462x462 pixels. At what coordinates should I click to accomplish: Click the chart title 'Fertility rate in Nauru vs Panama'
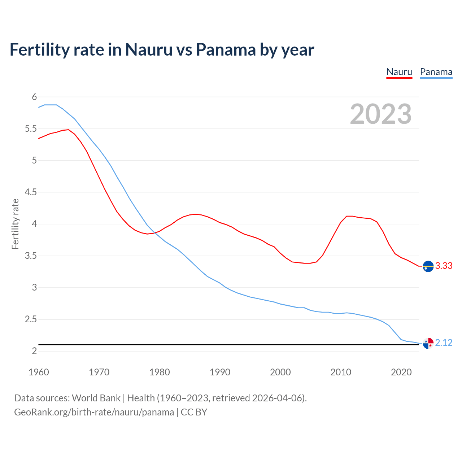pyautogui.click(x=162, y=49)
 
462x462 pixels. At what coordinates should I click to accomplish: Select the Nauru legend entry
pyautogui.click(x=399, y=72)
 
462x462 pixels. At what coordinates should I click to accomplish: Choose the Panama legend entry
pyautogui.click(x=436, y=72)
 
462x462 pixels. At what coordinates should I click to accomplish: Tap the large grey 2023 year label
pyautogui.click(x=381, y=114)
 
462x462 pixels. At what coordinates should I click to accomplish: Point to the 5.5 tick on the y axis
pyautogui.click(x=31, y=129)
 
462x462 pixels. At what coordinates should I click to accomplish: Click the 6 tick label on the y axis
pyautogui.click(x=34, y=97)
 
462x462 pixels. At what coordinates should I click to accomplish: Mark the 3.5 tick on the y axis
pyautogui.click(x=31, y=256)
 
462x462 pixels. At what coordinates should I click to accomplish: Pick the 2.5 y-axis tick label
pyautogui.click(x=31, y=319)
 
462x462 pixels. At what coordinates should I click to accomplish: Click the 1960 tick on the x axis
pyautogui.click(x=39, y=372)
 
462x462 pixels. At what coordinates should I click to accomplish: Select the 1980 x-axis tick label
pyautogui.click(x=160, y=372)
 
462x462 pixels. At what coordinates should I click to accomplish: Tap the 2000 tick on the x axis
pyautogui.click(x=280, y=372)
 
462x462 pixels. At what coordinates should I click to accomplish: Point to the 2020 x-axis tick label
pyautogui.click(x=401, y=372)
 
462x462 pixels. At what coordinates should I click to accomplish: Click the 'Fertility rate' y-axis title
pyautogui.click(x=15, y=224)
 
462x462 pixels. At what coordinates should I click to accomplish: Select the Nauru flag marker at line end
pyautogui.click(x=428, y=266)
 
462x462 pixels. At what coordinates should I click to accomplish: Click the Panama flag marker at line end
pyautogui.click(x=428, y=343)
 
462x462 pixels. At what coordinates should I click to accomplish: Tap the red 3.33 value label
pyautogui.click(x=444, y=266)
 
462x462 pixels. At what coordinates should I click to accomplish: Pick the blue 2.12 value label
pyautogui.click(x=444, y=343)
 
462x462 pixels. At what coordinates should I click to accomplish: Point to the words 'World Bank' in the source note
pyautogui.click(x=96, y=398)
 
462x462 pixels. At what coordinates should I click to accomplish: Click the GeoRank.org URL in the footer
pyautogui.click(x=94, y=412)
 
